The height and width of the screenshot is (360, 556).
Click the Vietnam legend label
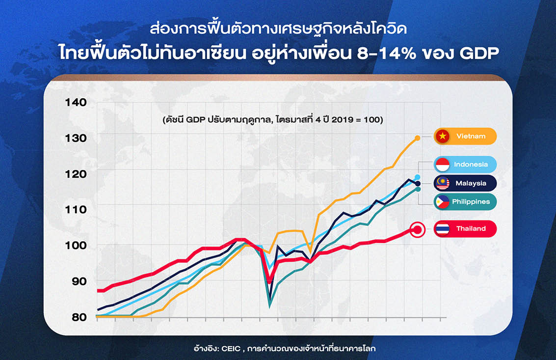coord(471,136)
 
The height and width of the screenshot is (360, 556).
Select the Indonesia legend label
coord(471,165)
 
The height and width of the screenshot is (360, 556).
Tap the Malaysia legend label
coord(471,183)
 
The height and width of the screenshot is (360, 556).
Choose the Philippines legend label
coord(471,202)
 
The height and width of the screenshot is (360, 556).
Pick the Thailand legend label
coord(471,229)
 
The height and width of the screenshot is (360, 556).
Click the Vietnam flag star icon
coord(443,136)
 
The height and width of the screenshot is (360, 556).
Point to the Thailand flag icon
coord(443,229)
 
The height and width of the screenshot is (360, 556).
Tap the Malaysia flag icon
coord(443,183)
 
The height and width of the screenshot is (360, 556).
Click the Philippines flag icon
coord(443,202)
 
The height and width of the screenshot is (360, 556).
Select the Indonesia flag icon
coord(443,165)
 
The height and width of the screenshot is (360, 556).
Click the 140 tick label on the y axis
coord(76,103)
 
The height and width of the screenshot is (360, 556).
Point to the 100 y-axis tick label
coord(76,246)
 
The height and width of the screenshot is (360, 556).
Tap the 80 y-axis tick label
coord(79,317)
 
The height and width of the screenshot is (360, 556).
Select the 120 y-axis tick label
coord(76,174)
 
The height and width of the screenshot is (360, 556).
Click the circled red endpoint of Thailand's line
coord(417,230)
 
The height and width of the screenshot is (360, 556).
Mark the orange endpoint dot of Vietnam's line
coord(417,138)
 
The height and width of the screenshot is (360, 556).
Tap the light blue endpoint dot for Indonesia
coord(417,177)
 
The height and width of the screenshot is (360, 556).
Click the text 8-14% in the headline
coord(386,53)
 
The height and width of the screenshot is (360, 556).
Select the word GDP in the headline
coord(479,53)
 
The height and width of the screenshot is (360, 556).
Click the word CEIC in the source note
coord(231,349)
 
